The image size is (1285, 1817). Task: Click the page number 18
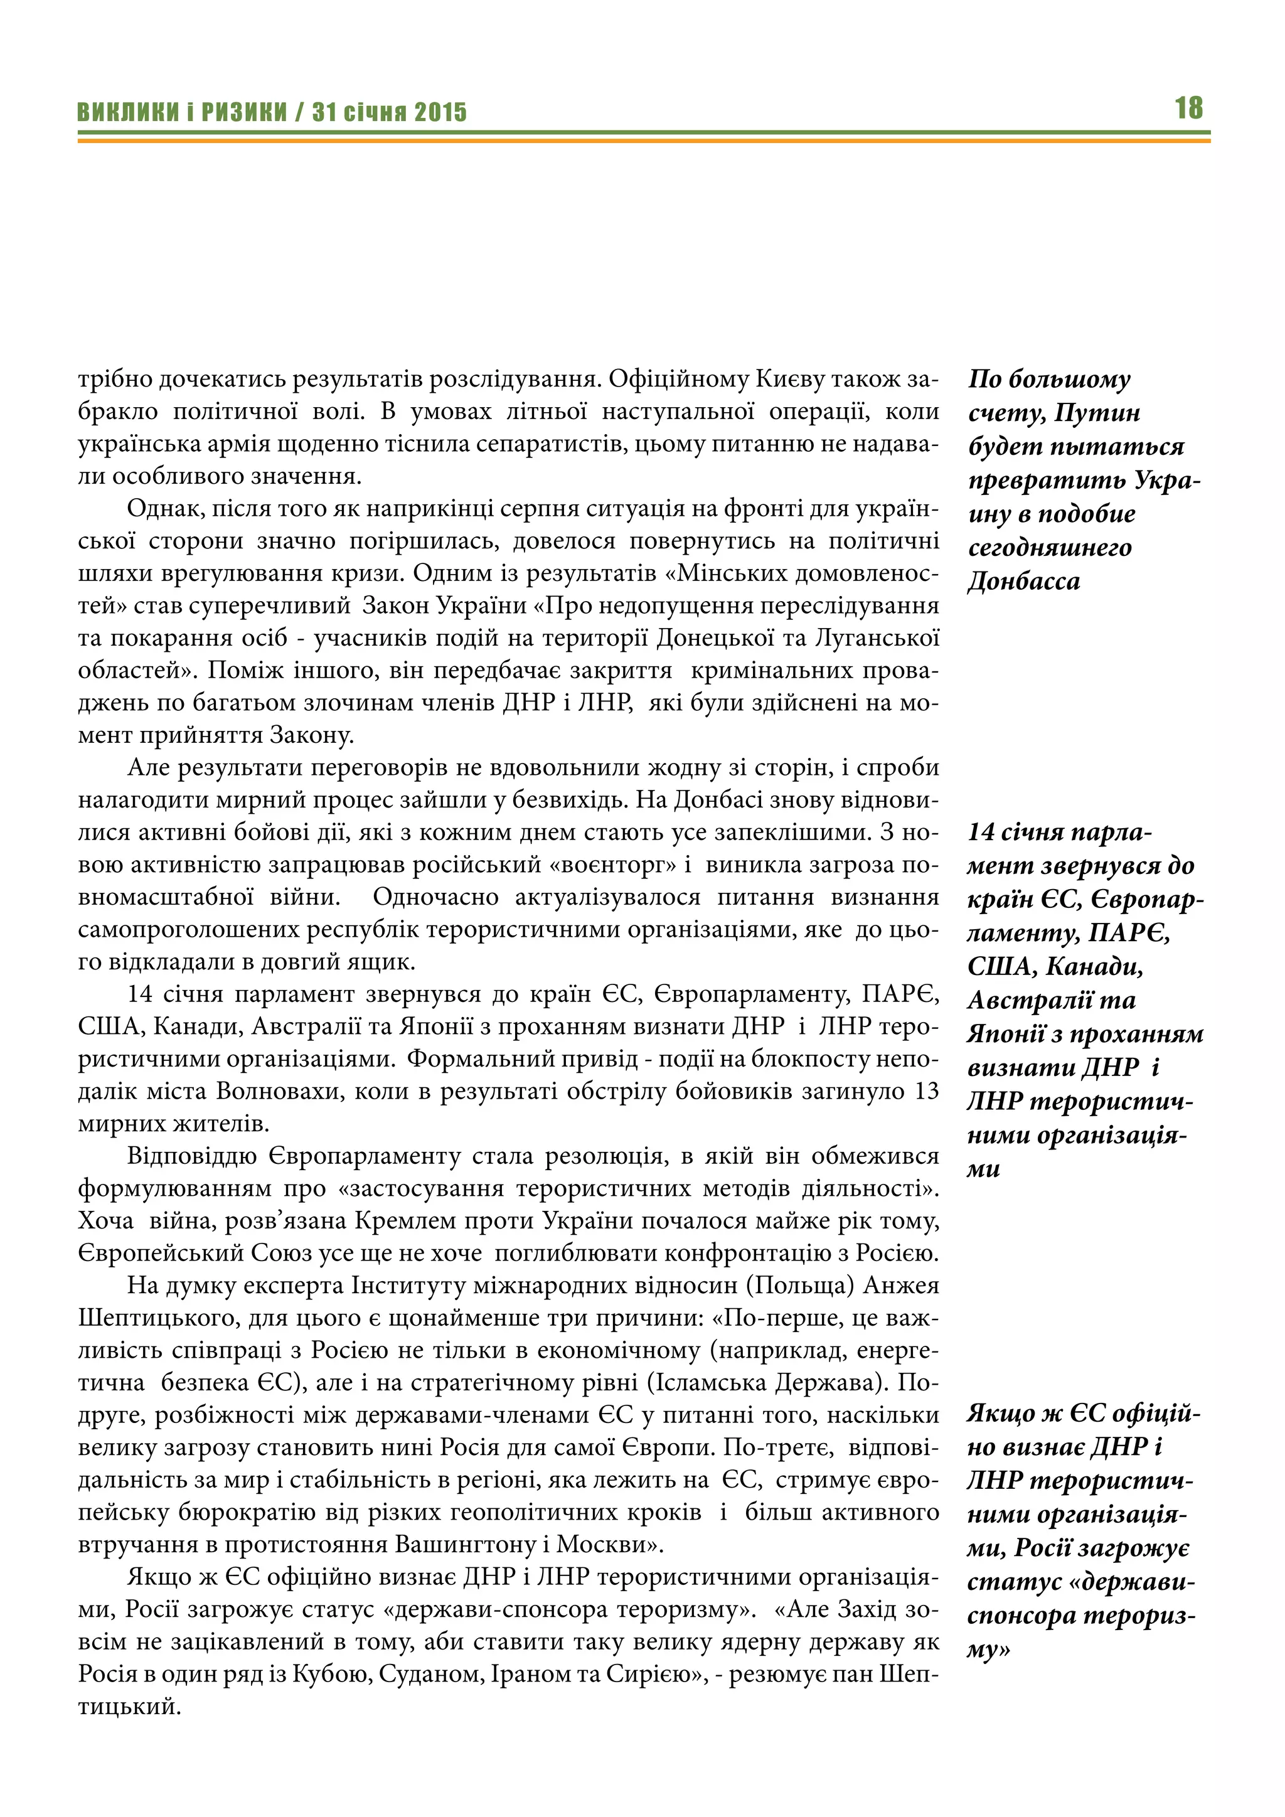coord(1188,109)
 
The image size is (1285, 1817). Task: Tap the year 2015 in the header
coord(440,112)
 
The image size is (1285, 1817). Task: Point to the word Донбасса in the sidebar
coord(1023,582)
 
